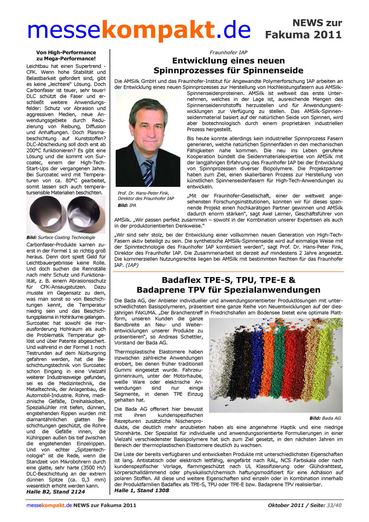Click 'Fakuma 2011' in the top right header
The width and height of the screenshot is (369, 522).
pos(304,35)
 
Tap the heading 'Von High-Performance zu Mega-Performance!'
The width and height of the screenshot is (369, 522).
pos(66,55)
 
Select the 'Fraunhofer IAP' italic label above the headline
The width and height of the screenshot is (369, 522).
pos(228,53)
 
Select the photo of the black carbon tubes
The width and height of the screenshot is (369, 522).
pos(66,215)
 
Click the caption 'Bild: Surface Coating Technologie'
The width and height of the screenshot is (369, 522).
pos(61,237)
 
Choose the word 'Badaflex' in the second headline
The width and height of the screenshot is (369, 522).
pos(186,280)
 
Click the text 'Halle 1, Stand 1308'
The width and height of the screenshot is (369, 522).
pos(141,490)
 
